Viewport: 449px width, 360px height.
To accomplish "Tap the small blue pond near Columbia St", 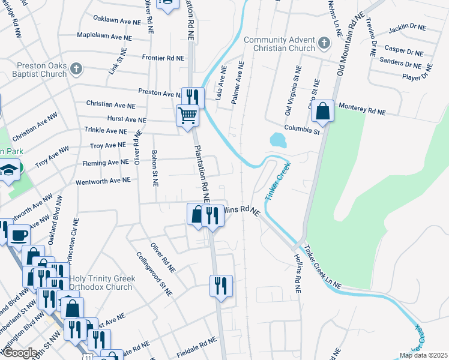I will click(278, 140).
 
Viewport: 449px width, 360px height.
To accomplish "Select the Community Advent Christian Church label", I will click(280, 44).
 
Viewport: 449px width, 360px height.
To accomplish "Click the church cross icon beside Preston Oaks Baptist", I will click(76, 68).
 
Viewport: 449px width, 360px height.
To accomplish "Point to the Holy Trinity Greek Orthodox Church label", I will click(100, 282).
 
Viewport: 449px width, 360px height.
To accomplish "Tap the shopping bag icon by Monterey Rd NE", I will click(322, 111).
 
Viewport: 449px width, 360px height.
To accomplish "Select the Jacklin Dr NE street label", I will click(406, 28).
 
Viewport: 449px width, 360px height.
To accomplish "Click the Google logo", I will click(19, 353).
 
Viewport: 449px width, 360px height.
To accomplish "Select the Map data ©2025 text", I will click(423, 355).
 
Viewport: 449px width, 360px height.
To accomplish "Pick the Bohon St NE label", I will click(154, 168).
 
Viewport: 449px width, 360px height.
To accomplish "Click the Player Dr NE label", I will click(417, 76).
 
